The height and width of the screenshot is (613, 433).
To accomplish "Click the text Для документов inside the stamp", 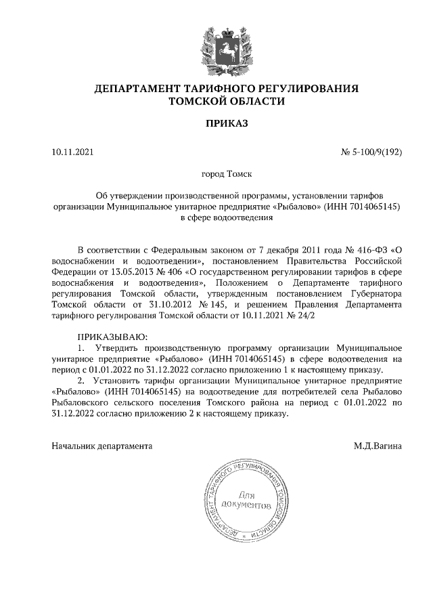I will pos(250,501).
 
